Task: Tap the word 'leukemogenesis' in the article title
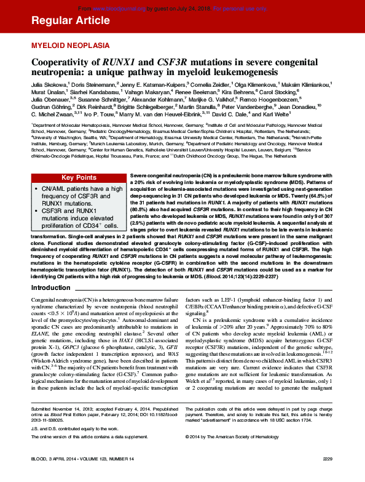click(240, 72)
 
